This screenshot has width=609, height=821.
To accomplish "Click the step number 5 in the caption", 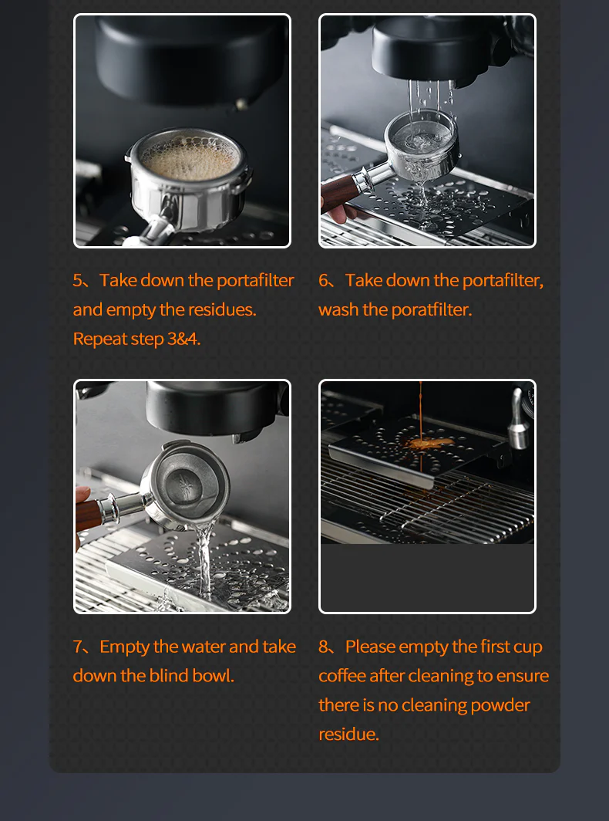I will tap(78, 280).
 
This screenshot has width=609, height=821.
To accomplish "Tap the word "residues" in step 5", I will tap(225, 309).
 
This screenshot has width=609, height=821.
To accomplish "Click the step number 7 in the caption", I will tap(78, 647).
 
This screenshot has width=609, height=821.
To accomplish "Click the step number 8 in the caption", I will tap(324, 647).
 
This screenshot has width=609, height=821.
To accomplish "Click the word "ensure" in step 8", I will tap(523, 676).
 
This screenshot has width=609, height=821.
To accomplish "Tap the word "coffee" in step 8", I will tap(342, 676).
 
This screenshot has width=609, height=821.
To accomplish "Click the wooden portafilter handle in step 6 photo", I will tap(339, 193).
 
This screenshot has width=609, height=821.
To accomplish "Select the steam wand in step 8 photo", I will tap(518, 421).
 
